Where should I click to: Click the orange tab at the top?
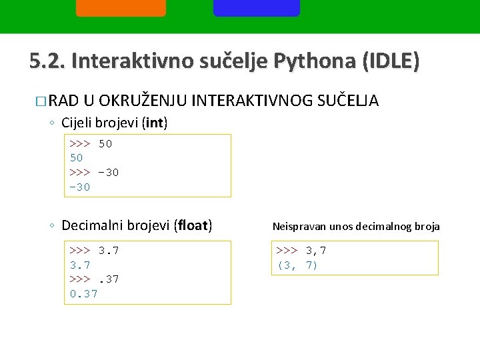tap(121, 7)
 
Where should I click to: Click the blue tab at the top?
tap(257, 7)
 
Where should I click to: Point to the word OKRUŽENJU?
tap(144, 101)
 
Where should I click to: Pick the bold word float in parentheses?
tap(193, 225)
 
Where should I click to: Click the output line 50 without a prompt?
tap(77, 158)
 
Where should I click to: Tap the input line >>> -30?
tap(94, 173)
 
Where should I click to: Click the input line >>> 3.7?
tap(94, 251)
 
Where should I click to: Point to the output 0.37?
tap(84, 294)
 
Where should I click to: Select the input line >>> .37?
tap(94, 279)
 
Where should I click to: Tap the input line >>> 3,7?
tap(301, 251)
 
